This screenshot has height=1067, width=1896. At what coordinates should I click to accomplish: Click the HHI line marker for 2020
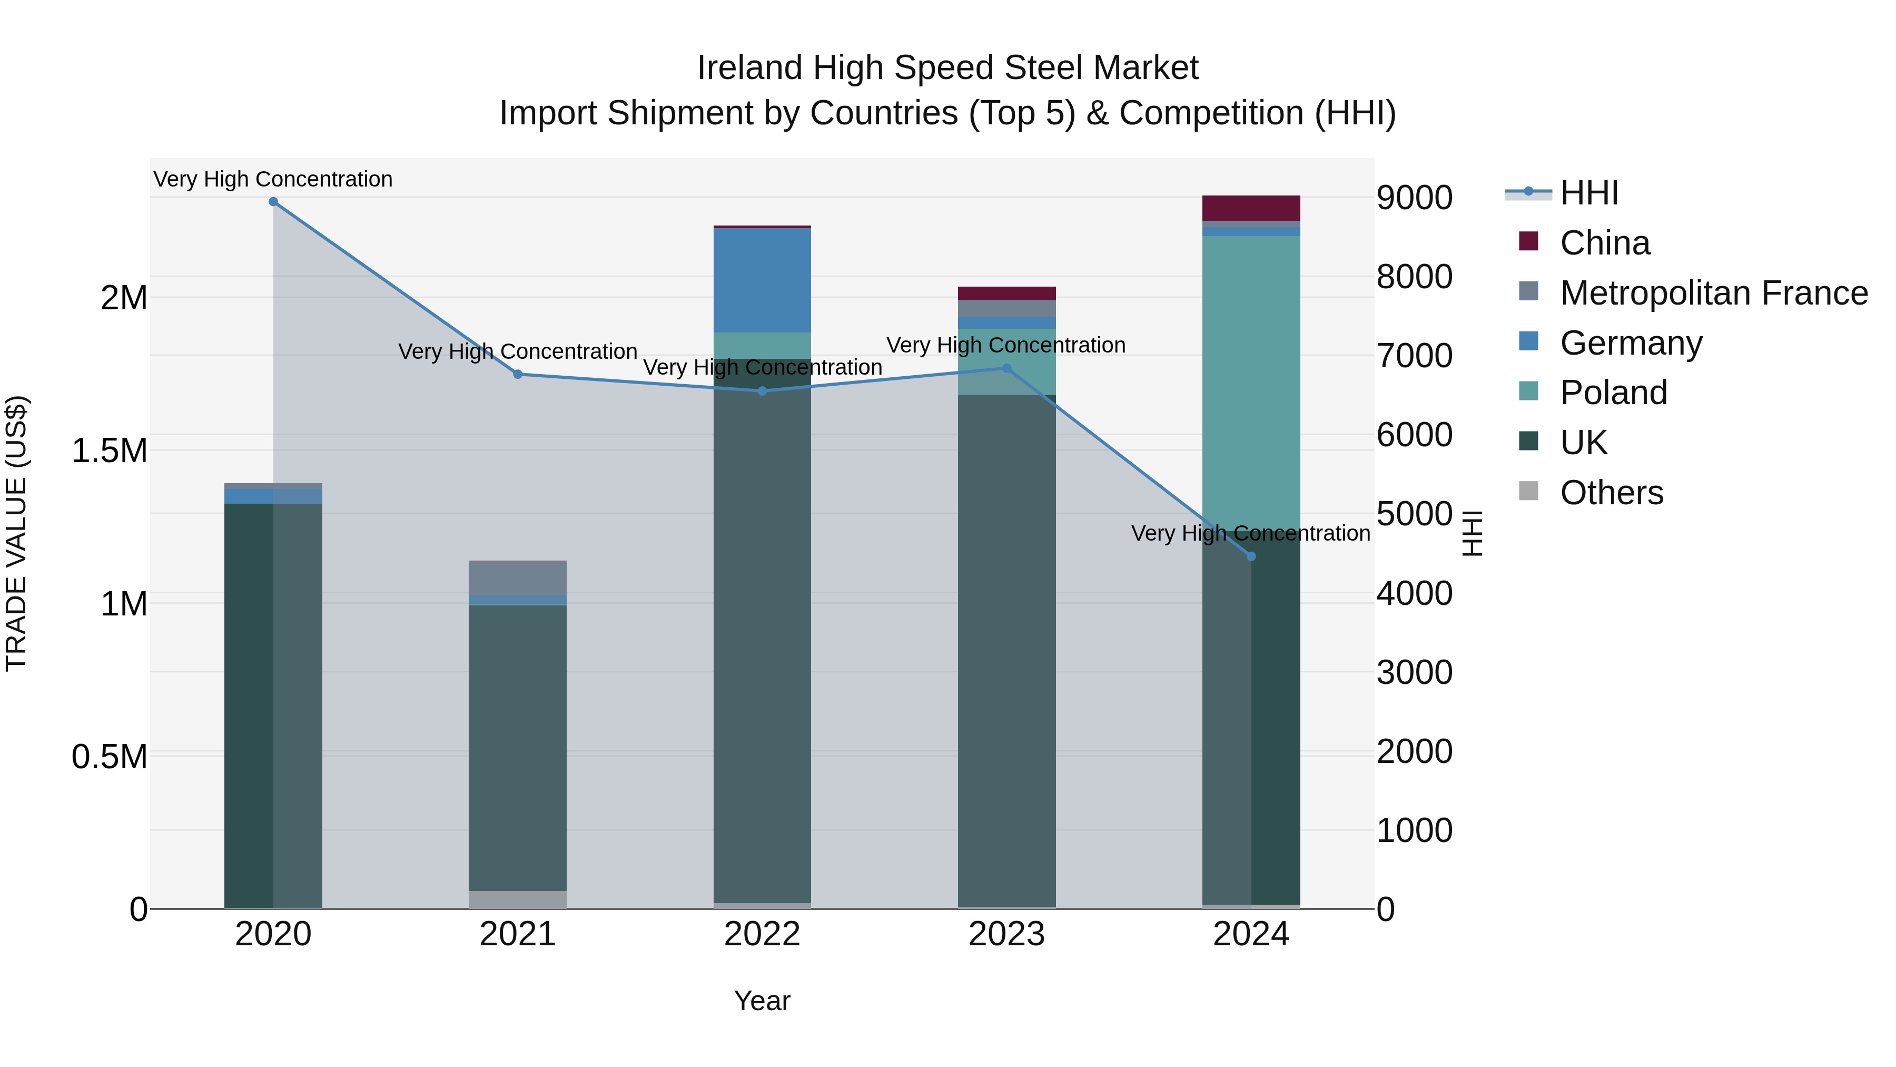pyautogui.click(x=273, y=202)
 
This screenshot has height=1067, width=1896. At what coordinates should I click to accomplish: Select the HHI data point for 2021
pyautogui.click(x=517, y=374)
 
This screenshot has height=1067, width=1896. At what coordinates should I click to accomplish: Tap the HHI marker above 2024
pyautogui.click(x=1251, y=557)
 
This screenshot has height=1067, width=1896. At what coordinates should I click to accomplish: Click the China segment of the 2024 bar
pyautogui.click(x=1251, y=208)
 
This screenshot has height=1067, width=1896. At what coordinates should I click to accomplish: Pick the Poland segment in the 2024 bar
pyautogui.click(x=1251, y=383)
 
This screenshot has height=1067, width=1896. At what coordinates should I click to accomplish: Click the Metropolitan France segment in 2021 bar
pyautogui.click(x=517, y=578)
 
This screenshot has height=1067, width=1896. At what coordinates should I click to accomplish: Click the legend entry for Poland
pyautogui.click(x=1613, y=393)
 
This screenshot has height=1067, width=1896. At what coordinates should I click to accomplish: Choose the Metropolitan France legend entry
pyautogui.click(x=1713, y=293)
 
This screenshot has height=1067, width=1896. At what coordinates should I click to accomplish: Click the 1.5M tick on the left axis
pyautogui.click(x=109, y=451)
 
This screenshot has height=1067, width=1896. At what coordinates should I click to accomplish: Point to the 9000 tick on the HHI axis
pyautogui.click(x=1414, y=198)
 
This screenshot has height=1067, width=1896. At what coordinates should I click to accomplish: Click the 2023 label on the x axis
pyautogui.click(x=1006, y=934)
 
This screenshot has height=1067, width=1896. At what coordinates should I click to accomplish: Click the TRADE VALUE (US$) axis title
pyautogui.click(x=16, y=533)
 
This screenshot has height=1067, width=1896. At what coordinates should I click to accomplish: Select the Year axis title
pyautogui.click(x=762, y=1001)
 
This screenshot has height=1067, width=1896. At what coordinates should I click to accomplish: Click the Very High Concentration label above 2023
pyautogui.click(x=1005, y=345)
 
